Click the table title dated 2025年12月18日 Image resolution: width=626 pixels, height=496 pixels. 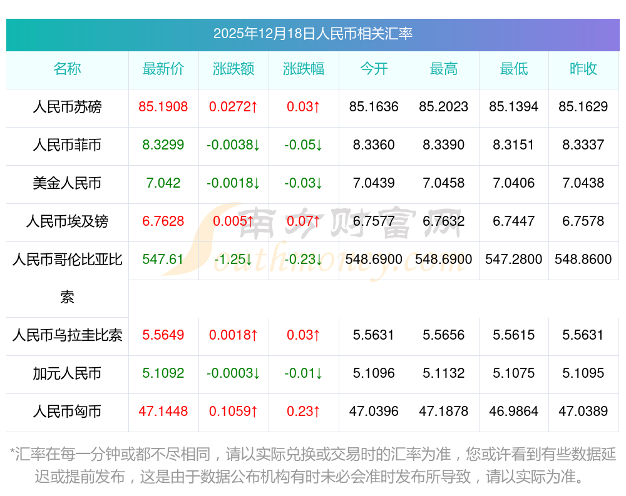coord(312,34)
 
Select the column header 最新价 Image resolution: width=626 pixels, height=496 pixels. coord(163,69)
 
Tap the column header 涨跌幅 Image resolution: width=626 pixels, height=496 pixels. coord(304,69)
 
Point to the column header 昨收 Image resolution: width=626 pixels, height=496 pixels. coord(583,69)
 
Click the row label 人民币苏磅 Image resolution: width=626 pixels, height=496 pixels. coord(67,107)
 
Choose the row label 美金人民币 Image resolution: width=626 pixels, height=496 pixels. coord(67,183)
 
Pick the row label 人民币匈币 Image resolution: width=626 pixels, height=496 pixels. coord(67,412)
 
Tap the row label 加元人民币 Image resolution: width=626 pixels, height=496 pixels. coord(67,373)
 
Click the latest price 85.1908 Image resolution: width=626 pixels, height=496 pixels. coord(163,107)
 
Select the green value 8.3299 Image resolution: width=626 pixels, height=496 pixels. coord(163,145)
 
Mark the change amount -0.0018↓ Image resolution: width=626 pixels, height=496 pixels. coord(233,183)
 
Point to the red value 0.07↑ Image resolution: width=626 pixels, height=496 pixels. coord(304,221)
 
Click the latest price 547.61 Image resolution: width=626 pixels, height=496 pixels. coord(163,259)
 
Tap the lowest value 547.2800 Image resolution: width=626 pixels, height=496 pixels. coord(514,259)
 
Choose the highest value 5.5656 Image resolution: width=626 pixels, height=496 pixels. coord(444,335)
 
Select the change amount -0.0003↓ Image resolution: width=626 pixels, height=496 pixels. coord(233,373)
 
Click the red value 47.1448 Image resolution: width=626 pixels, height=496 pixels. coord(163,412)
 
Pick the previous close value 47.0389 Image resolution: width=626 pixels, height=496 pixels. coord(583,412)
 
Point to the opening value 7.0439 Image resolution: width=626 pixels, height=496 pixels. coord(374,183)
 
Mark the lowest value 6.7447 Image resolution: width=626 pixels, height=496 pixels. coord(514,221)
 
